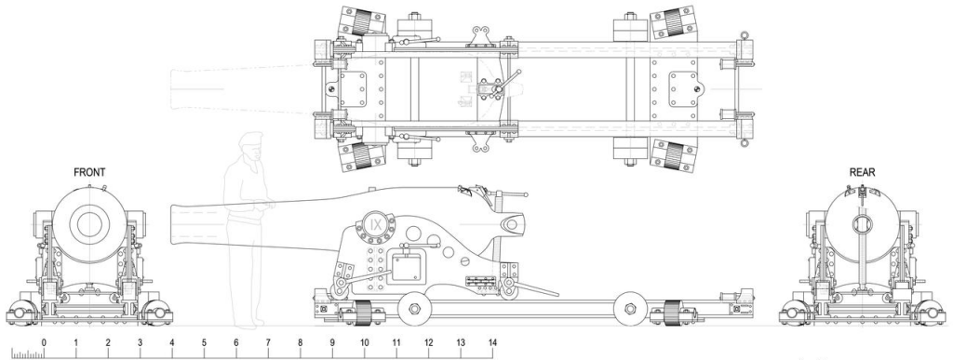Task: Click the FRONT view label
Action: (89, 172)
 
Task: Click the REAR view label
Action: (862, 172)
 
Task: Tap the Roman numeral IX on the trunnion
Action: (376, 224)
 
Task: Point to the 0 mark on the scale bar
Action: (44, 342)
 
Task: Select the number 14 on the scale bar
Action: (492, 342)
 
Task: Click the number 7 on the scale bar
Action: (268, 342)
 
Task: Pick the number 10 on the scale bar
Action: (364, 342)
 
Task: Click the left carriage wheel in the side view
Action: (414, 309)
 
